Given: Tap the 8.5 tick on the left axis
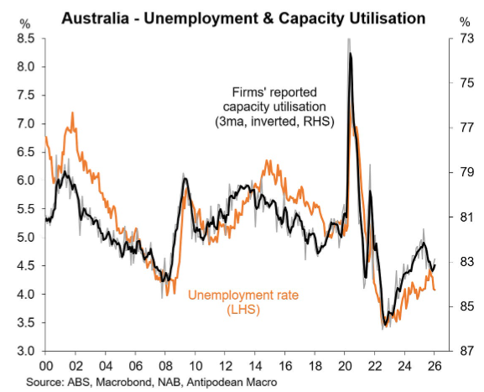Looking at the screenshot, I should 25,39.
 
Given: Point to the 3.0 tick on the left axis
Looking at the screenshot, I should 25,351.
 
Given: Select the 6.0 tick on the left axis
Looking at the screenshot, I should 25,180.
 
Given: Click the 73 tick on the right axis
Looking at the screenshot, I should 461,39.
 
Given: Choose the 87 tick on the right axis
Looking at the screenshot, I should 461,351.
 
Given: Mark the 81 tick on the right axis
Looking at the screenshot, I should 461,217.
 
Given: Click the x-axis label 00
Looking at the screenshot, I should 44,366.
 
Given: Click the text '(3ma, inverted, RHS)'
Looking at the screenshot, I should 274,122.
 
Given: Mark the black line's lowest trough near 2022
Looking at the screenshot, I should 384,323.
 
